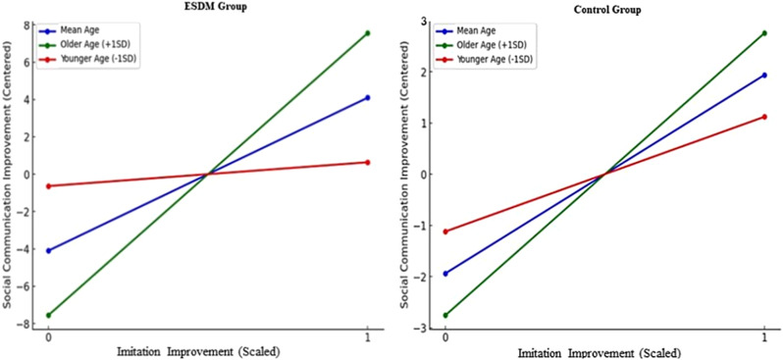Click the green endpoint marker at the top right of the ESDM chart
click(367, 33)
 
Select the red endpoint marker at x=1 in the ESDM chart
click(367, 162)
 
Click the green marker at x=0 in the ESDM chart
click(47, 315)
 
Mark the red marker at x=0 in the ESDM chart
click(47, 185)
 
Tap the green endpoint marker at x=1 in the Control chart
click(764, 33)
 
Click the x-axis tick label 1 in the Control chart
click(764, 338)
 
